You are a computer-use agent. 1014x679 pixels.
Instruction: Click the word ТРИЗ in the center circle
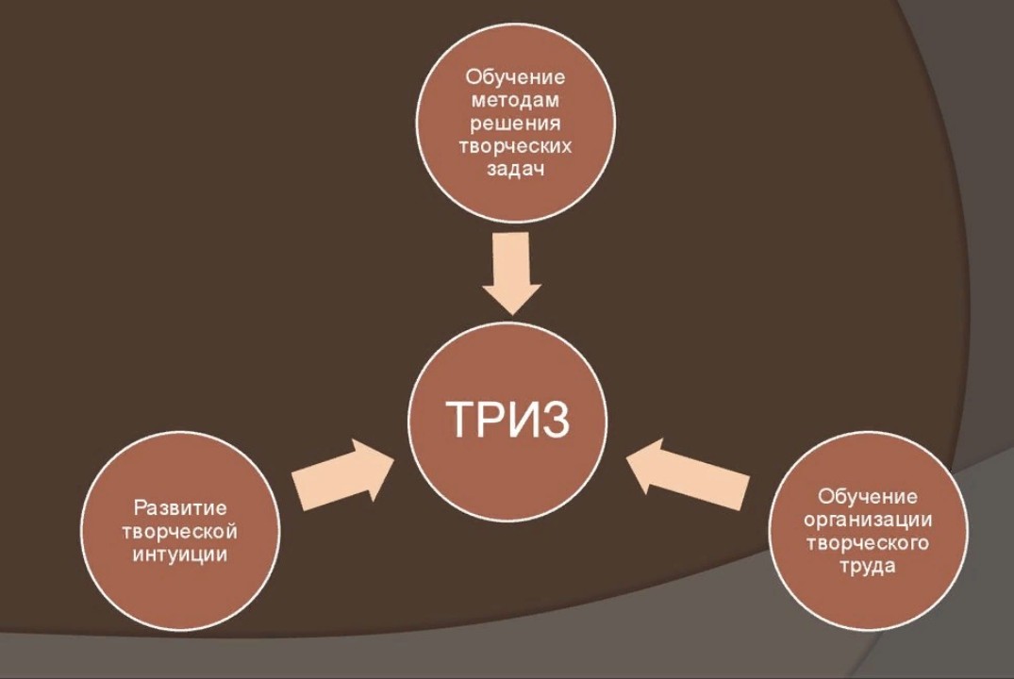507,419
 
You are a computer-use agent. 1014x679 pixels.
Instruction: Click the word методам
515,101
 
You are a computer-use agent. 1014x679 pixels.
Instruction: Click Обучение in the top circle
515,77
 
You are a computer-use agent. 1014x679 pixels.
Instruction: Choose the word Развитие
180,508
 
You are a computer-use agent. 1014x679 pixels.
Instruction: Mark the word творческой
180,531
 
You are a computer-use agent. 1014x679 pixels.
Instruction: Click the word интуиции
180,554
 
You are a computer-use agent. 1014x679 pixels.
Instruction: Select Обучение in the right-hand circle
868,496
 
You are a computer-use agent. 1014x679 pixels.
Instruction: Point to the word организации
868,520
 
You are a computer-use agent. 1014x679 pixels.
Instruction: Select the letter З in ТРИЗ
556,419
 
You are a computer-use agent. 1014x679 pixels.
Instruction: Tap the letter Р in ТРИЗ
489,419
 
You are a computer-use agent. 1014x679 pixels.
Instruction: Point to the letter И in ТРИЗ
522,419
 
